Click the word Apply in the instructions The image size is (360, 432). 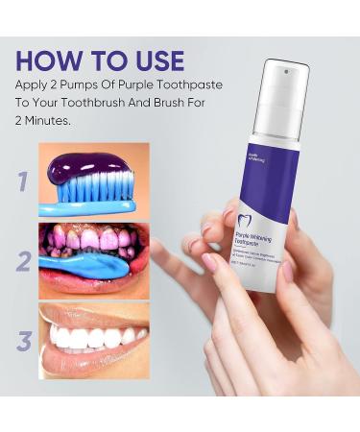[38, 88]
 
